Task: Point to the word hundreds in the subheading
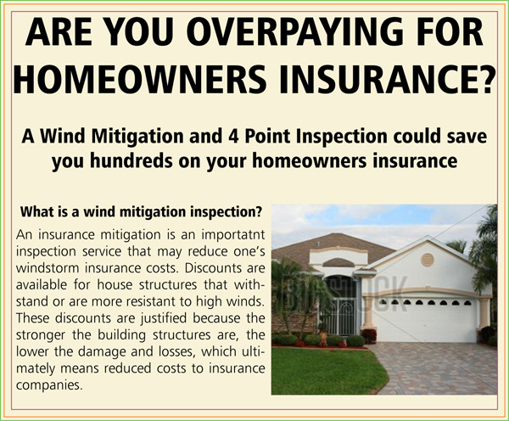pos(129,160)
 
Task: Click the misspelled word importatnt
pos(233,235)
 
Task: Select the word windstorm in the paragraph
pos(48,268)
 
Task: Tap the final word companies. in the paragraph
pos(48,385)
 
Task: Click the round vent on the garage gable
pos(428,260)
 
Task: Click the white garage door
pos(426,320)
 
